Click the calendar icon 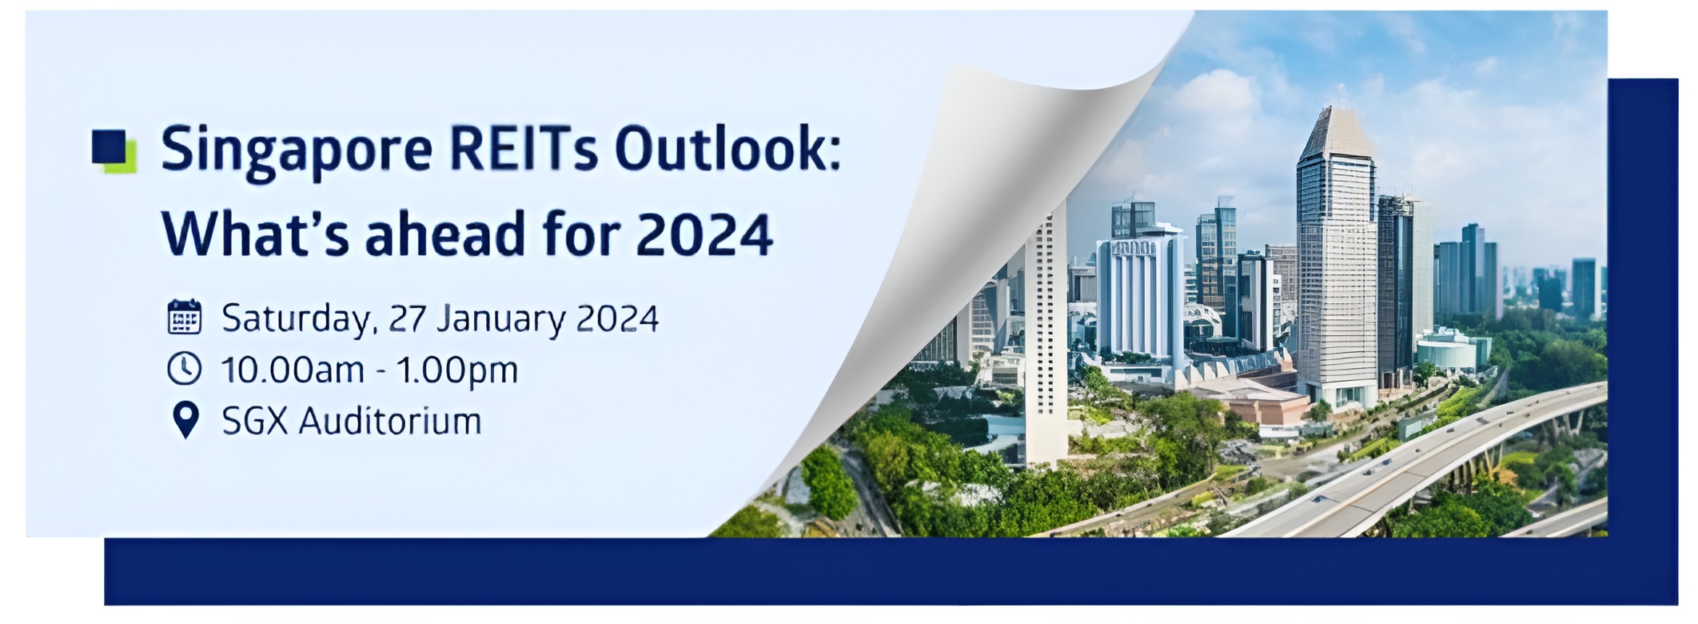click(x=185, y=318)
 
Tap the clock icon click(x=185, y=369)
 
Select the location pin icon click(x=185, y=420)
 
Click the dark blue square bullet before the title click(x=110, y=147)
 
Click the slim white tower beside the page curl click(x=1046, y=336)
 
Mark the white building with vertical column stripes click(x=1139, y=296)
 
